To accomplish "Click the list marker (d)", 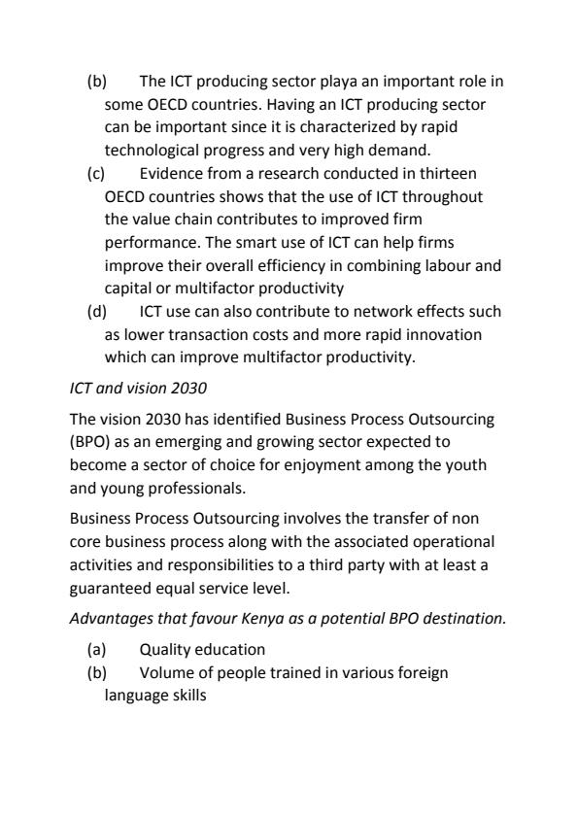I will coord(96,311).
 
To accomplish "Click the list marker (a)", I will coord(95,648).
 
